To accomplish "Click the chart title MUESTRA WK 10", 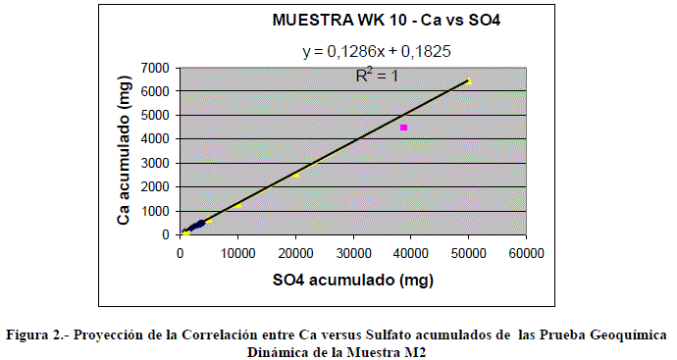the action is [x=339, y=21].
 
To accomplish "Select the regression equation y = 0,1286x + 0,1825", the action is [x=377, y=51].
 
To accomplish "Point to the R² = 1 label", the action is [x=377, y=76].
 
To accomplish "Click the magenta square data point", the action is [x=403, y=128].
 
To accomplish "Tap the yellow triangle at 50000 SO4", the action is [x=469, y=81].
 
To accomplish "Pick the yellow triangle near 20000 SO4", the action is [x=295, y=175].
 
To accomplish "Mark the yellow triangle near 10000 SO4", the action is [x=237, y=205].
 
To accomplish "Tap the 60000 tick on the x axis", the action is [x=526, y=253].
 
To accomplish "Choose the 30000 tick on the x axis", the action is [x=353, y=253].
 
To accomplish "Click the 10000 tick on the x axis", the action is [x=237, y=253].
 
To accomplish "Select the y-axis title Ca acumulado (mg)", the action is [x=124, y=151].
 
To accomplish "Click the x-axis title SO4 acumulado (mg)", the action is [x=353, y=281].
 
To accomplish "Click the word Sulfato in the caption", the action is [x=386, y=335].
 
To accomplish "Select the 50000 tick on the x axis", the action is [x=468, y=253].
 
